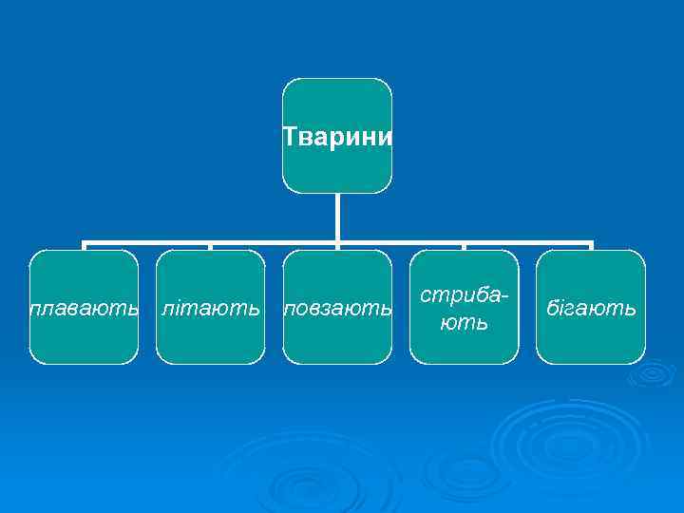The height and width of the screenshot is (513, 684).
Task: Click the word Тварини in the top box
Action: (x=337, y=137)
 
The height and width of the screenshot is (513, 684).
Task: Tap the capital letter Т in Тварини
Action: (x=290, y=137)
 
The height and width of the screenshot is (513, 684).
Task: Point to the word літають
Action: (x=210, y=309)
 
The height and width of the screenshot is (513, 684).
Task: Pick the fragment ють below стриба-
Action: (x=464, y=322)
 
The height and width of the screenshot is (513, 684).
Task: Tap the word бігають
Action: (x=590, y=309)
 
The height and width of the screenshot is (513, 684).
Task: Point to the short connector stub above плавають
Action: (x=84, y=247)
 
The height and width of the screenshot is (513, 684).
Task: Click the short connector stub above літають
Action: (x=210, y=247)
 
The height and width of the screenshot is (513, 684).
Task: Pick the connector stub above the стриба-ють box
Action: (x=464, y=247)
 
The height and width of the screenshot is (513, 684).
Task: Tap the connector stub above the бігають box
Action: (x=591, y=247)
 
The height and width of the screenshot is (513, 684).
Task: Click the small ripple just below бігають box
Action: (x=652, y=374)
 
